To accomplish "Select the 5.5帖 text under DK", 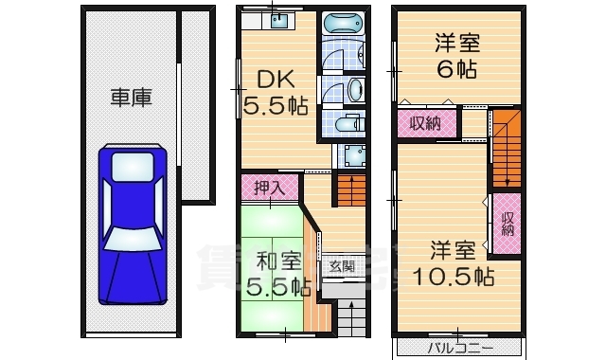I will click(x=276, y=105).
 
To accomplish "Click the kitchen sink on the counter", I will click(x=277, y=24).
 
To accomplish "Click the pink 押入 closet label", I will click(x=270, y=188).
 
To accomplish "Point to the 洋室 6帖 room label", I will click(x=458, y=55).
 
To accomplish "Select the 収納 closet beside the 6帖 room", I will click(x=426, y=123).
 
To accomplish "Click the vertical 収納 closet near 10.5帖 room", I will click(x=507, y=224).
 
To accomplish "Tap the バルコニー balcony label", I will click(x=459, y=348).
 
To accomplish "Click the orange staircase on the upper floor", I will click(x=507, y=147).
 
